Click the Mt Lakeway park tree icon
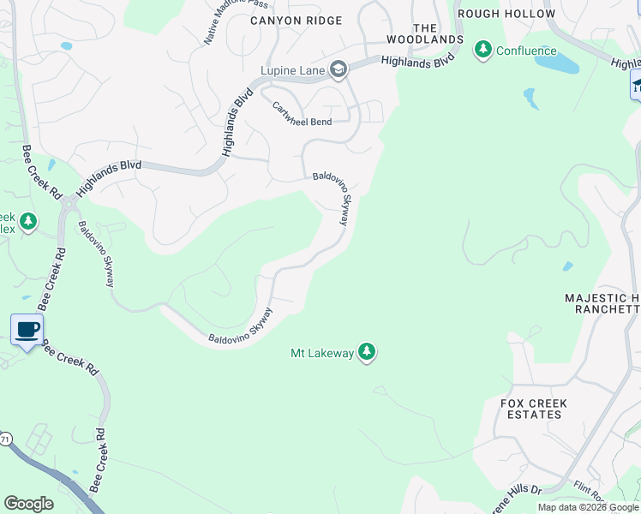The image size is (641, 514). [x=367, y=352]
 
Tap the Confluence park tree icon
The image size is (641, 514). [x=483, y=51]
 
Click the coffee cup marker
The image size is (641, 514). [x=27, y=329]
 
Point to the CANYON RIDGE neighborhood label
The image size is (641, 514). [x=296, y=21]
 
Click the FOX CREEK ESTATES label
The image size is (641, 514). [x=532, y=408]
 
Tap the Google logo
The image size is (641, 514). [x=28, y=504]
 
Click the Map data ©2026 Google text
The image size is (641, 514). [x=587, y=507]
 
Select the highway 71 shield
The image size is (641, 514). [x=5, y=439]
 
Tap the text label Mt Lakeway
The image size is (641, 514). [x=322, y=353]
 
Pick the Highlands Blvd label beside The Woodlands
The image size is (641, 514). [x=416, y=62]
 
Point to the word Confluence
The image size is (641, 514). [x=527, y=51]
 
